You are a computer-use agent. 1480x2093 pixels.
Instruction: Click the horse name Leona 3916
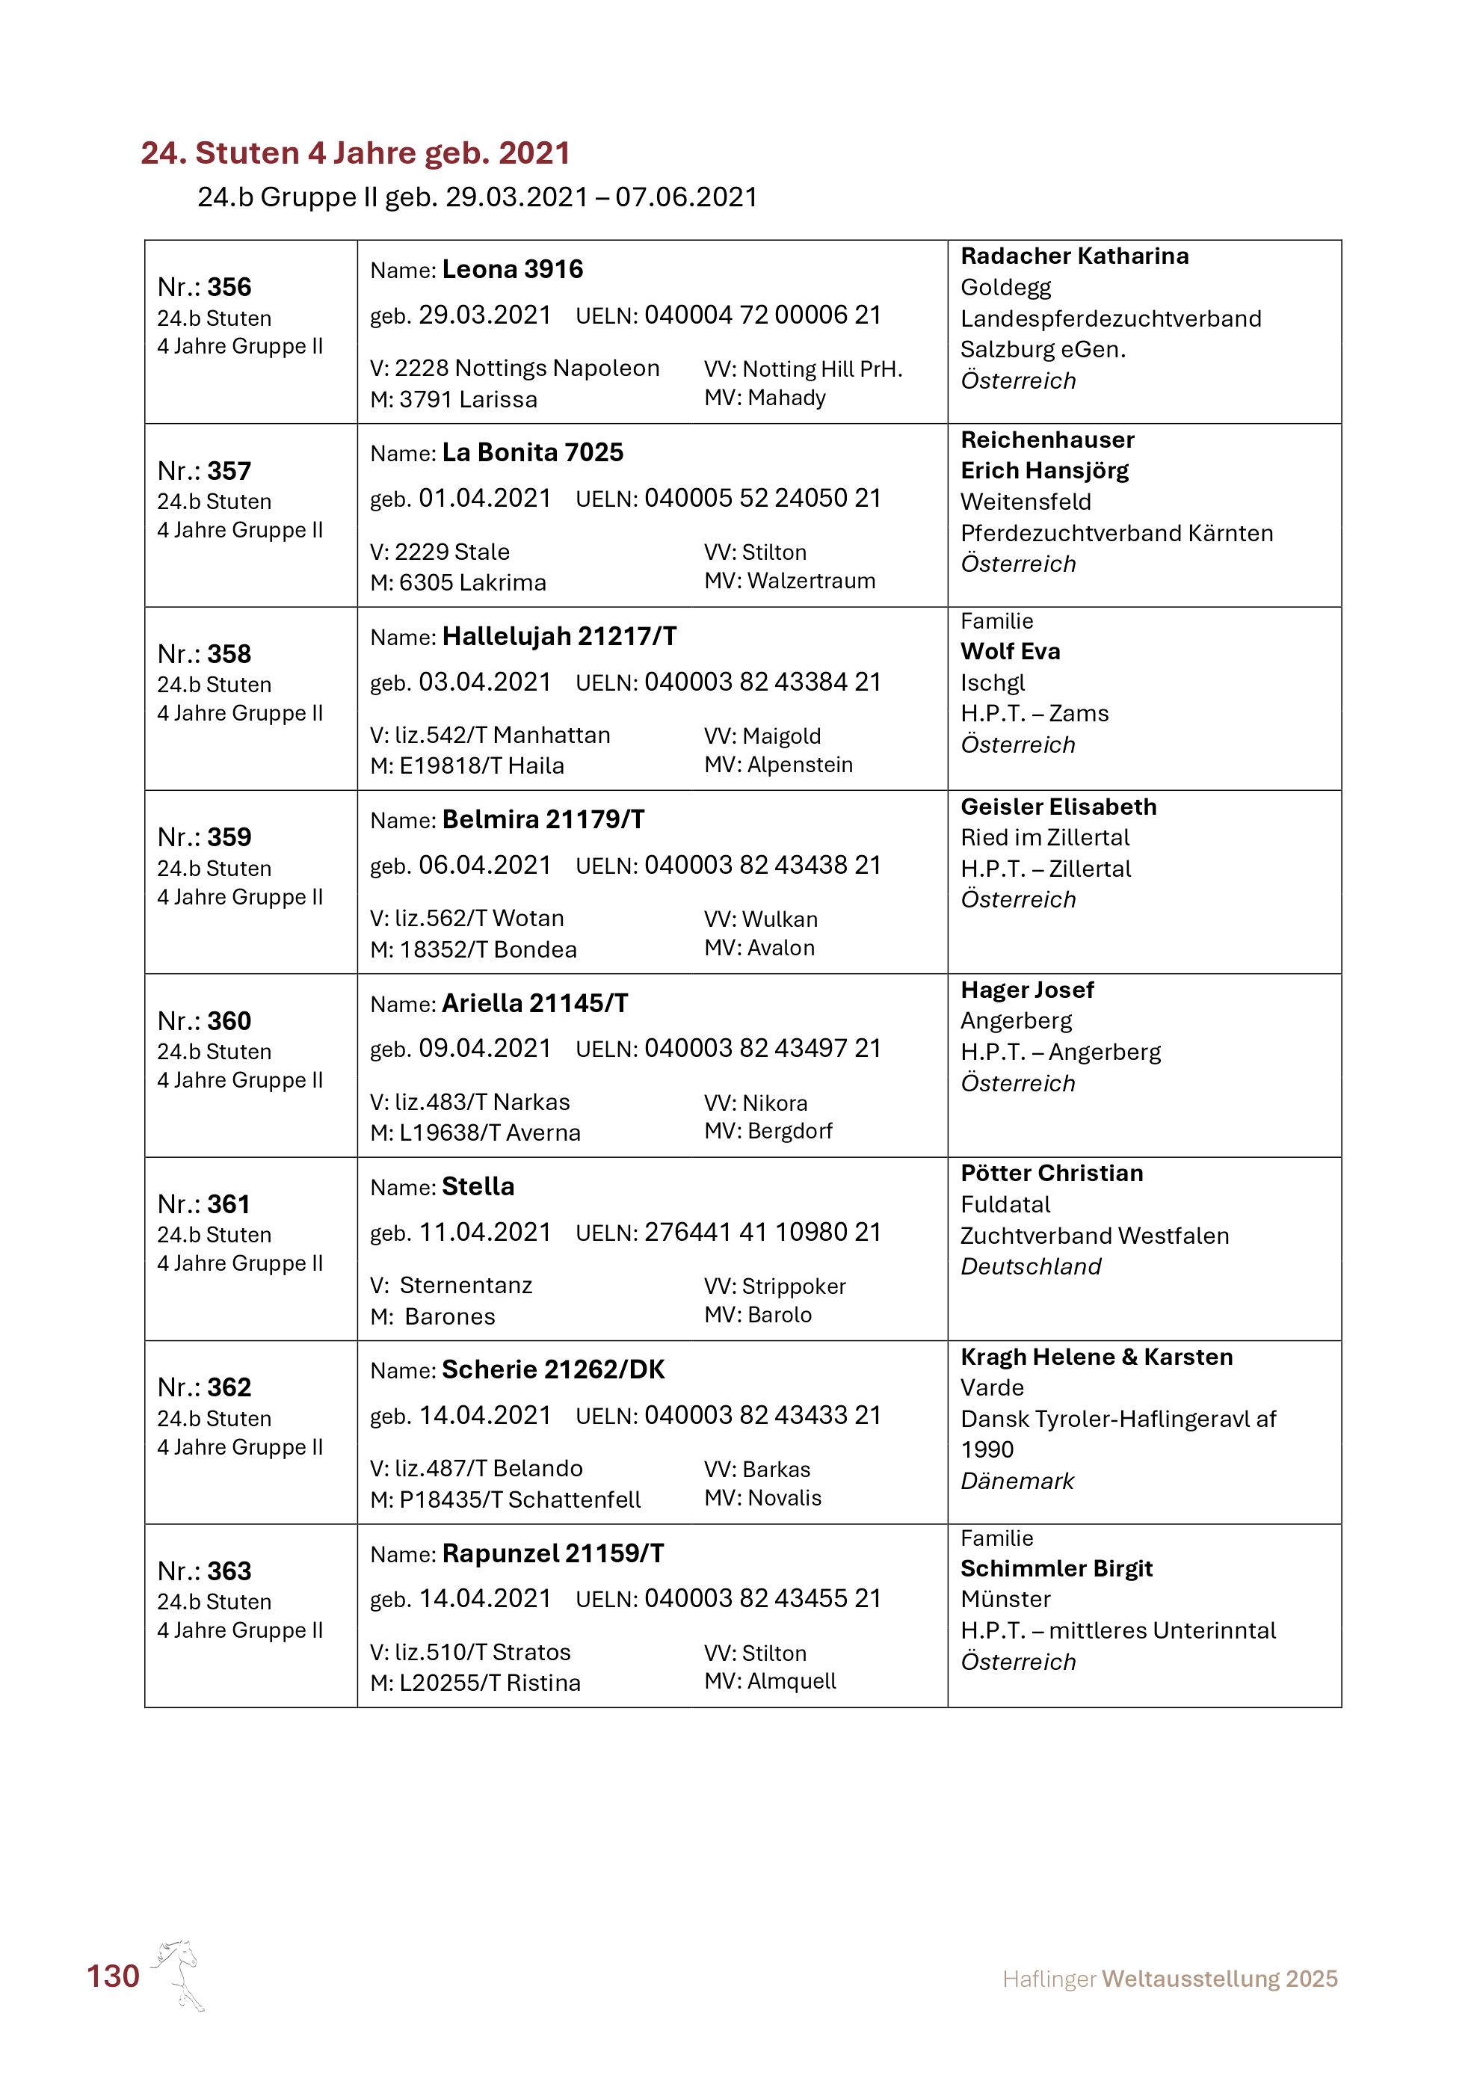(x=512, y=270)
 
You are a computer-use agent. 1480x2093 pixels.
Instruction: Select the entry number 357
(x=229, y=471)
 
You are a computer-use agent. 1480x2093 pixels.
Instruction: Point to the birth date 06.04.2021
(x=485, y=865)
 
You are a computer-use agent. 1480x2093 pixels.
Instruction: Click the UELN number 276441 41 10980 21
(x=762, y=1233)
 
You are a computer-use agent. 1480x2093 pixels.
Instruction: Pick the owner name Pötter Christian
(x=1052, y=1174)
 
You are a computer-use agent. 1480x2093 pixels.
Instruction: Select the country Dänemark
(x=1017, y=1482)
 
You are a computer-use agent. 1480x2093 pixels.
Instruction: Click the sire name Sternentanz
(x=466, y=1286)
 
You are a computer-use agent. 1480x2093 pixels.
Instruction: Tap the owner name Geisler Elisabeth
(x=1058, y=807)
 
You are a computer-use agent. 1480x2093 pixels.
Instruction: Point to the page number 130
(x=113, y=1976)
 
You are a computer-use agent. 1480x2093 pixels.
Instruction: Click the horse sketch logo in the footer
(x=179, y=1974)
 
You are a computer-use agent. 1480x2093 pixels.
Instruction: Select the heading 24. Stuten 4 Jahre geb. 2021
(x=355, y=153)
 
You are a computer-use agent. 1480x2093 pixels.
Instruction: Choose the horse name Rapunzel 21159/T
(x=553, y=1553)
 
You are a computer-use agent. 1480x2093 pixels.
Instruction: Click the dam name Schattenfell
(x=574, y=1499)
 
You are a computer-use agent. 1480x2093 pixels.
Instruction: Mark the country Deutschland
(x=1031, y=1267)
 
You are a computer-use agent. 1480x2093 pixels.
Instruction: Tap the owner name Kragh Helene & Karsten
(x=1097, y=1357)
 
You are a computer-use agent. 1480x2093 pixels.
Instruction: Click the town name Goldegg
(x=1005, y=288)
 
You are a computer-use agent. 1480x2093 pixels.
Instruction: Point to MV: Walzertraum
(x=789, y=582)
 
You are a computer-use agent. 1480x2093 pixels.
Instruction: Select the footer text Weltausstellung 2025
(x=1219, y=1979)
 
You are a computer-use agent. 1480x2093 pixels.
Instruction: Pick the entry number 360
(x=229, y=1021)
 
